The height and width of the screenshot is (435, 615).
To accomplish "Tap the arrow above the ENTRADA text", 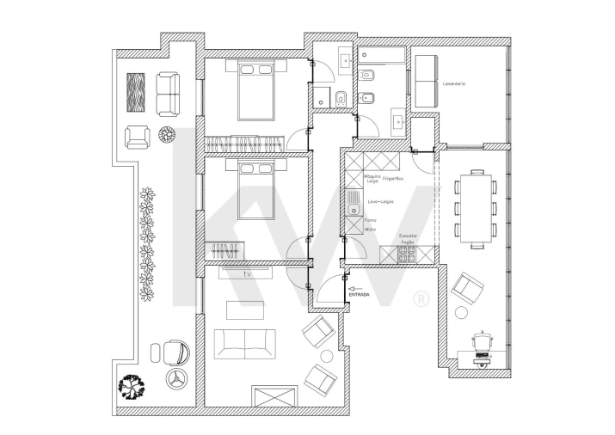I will pos(355,288).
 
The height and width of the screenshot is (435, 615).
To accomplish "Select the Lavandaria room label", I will pos(453,83).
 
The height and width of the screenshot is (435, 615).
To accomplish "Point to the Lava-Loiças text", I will pos(380,201).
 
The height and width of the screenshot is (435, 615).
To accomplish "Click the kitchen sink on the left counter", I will pos(353,203).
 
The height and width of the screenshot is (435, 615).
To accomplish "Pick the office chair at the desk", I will pos(483,342).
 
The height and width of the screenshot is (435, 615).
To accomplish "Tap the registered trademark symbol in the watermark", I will pos(420,299).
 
